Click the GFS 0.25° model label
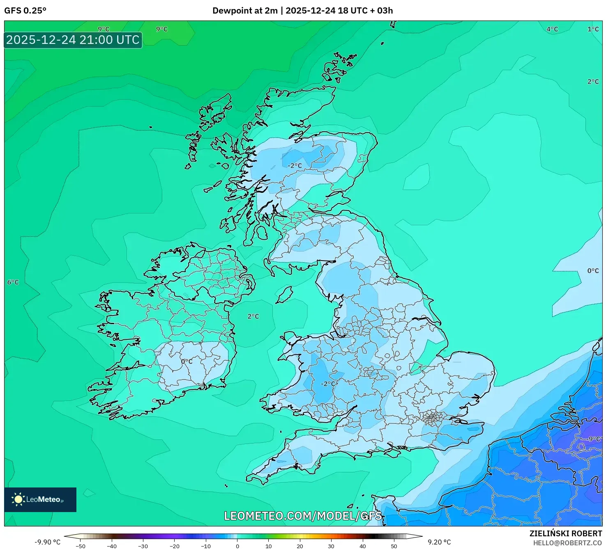(25, 11)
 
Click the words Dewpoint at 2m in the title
(245, 11)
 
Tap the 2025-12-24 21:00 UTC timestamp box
(73, 40)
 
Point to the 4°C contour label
(552, 29)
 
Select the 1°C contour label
(593, 29)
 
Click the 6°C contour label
(13, 282)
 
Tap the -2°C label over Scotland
(295, 166)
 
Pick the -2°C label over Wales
(327, 384)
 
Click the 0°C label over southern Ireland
(187, 361)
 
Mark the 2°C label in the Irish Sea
(253, 316)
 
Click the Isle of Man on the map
(284, 295)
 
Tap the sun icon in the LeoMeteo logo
(18, 499)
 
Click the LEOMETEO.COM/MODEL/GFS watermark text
(303, 516)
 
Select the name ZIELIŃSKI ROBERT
(566, 533)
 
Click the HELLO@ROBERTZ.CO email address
(567, 543)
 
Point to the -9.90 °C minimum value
(47, 542)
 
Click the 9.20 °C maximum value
(439, 542)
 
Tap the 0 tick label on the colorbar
(237, 546)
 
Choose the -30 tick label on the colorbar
(143, 546)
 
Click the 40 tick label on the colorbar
(362, 546)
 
